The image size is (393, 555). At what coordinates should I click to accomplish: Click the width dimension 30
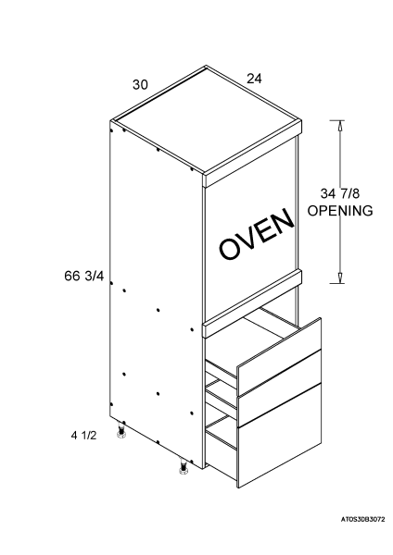coord(140,85)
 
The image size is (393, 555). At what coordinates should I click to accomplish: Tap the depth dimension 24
coord(254,79)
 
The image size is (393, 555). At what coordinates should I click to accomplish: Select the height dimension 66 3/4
coord(84,276)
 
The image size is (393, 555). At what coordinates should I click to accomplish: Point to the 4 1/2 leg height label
coord(83,435)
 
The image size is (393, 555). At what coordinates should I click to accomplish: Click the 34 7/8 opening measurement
coord(340,193)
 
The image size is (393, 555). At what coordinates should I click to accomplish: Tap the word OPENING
coord(340,211)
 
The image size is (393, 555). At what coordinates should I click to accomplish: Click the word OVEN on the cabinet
coord(257,233)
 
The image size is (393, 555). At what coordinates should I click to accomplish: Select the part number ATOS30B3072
coord(362,520)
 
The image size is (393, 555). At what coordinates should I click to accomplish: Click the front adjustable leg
coord(184,466)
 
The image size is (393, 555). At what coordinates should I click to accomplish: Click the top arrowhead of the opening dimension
coord(340,126)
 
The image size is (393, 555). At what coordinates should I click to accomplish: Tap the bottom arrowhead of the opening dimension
coord(340,277)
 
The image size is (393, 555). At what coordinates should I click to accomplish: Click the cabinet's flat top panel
coord(207,119)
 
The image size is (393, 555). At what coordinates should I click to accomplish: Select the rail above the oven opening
coord(252,154)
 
